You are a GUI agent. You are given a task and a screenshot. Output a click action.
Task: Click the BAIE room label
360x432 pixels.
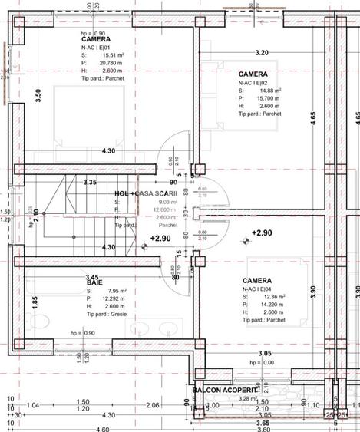pyautogui.click(x=94, y=282)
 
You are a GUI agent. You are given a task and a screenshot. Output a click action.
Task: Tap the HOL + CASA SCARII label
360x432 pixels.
pyautogui.click(x=146, y=194)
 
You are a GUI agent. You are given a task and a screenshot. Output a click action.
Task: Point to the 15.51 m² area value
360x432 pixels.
pyautogui.click(x=107, y=55)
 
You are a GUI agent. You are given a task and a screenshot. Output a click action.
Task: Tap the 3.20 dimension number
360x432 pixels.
pyautogui.click(x=261, y=53)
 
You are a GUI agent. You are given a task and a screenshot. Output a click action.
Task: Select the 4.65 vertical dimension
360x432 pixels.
pyautogui.click(x=313, y=117)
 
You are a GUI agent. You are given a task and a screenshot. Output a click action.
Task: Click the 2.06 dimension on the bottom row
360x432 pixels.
pyautogui.click(x=152, y=405)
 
